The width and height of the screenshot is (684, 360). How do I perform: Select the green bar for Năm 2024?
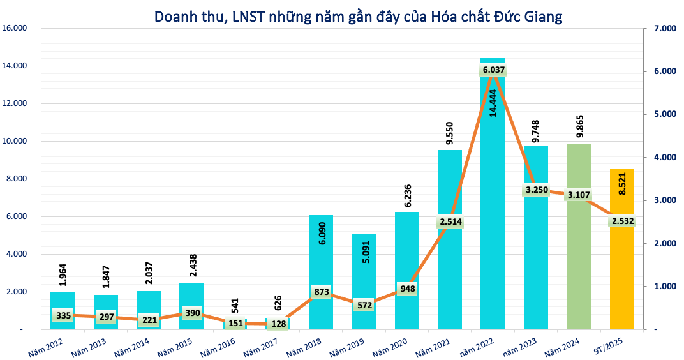pyautogui.click(x=579, y=255)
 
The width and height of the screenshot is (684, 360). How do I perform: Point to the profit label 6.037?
pyautogui.click(x=493, y=70)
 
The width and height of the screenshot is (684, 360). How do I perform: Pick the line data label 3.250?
pyautogui.click(x=536, y=190)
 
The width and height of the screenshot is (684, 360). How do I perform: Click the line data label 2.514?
pyautogui.click(x=450, y=222)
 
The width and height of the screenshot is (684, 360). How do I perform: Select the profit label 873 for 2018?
pyautogui.click(x=321, y=292)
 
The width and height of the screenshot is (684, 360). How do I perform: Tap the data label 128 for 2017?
pyautogui.click(x=278, y=324)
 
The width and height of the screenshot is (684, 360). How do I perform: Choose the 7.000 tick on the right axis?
pyautogui.click(x=664, y=28)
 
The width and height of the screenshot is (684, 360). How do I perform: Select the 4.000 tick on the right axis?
pyautogui.click(x=664, y=157)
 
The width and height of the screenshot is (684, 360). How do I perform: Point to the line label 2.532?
pyautogui.click(x=622, y=221)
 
